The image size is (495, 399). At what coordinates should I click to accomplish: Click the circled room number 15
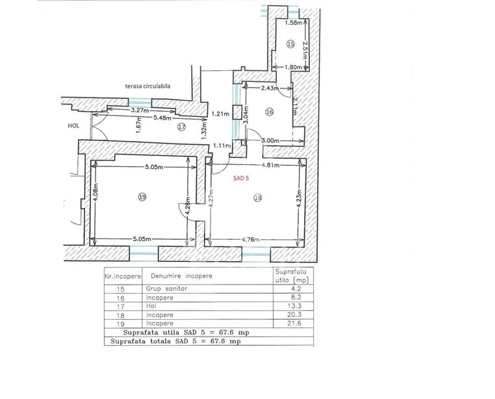290,44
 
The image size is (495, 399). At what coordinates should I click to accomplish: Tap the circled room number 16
270,112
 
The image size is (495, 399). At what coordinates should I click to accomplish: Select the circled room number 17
181,127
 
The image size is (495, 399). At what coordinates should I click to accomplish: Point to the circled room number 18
258,198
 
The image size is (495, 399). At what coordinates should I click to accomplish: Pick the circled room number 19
142,197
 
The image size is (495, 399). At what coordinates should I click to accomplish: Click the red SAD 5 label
241,178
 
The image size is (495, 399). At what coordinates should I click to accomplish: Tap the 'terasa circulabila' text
147,86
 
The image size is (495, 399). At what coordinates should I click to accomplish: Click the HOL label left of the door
73,125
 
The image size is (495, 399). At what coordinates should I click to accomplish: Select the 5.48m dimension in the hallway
162,118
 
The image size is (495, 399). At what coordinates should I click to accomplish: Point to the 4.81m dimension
270,165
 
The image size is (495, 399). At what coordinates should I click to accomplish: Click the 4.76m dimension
250,239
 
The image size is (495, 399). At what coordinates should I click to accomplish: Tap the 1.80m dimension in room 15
293,67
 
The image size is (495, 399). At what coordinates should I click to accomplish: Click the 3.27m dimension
140,110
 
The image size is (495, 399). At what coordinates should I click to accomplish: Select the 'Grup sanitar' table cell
166,289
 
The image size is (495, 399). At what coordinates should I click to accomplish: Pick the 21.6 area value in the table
294,323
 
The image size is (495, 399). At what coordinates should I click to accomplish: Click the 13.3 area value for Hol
294,306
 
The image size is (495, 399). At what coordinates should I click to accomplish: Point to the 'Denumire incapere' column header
181,276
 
